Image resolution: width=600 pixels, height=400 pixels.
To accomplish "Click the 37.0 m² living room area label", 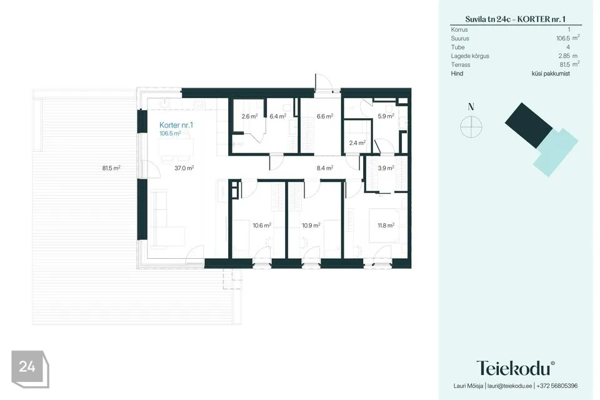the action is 184,167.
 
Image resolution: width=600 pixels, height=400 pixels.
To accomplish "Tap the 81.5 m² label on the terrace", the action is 111,167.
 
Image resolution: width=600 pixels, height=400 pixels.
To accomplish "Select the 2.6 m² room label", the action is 249,116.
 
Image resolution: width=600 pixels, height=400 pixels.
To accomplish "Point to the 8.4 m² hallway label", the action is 325,167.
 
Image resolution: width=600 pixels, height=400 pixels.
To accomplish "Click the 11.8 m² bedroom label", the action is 386,226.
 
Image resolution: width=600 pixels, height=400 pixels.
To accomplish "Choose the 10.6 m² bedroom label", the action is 262,226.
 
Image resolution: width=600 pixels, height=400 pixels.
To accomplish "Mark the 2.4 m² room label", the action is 357,142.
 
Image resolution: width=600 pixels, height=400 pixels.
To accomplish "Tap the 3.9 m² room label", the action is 386,167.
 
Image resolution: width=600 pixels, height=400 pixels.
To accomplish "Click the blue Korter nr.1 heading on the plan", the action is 176,125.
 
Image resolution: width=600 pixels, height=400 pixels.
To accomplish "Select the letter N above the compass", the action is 471,107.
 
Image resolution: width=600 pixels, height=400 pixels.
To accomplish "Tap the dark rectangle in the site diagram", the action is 529,126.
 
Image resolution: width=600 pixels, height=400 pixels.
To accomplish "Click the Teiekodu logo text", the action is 515,368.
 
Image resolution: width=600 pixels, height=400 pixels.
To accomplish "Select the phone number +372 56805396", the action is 557,386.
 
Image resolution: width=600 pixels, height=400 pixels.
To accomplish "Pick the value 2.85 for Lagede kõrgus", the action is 564,56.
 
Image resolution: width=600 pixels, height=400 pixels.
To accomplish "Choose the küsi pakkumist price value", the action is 551,74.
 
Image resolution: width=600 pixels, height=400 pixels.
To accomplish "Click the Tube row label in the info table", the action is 457,47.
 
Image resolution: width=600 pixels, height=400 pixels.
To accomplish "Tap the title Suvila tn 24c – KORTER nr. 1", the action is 516,19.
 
